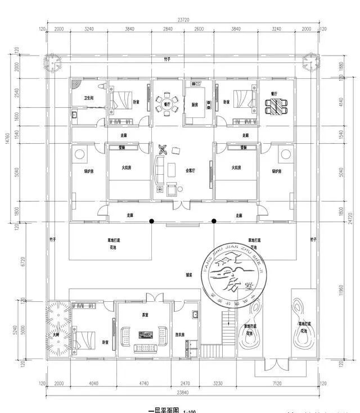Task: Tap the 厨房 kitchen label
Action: [x=195, y=105]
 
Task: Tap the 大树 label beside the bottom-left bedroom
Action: [x=55, y=335]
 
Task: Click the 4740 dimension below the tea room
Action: [x=143, y=384]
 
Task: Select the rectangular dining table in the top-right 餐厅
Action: [x=275, y=105]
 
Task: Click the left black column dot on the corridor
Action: [x=151, y=221]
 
